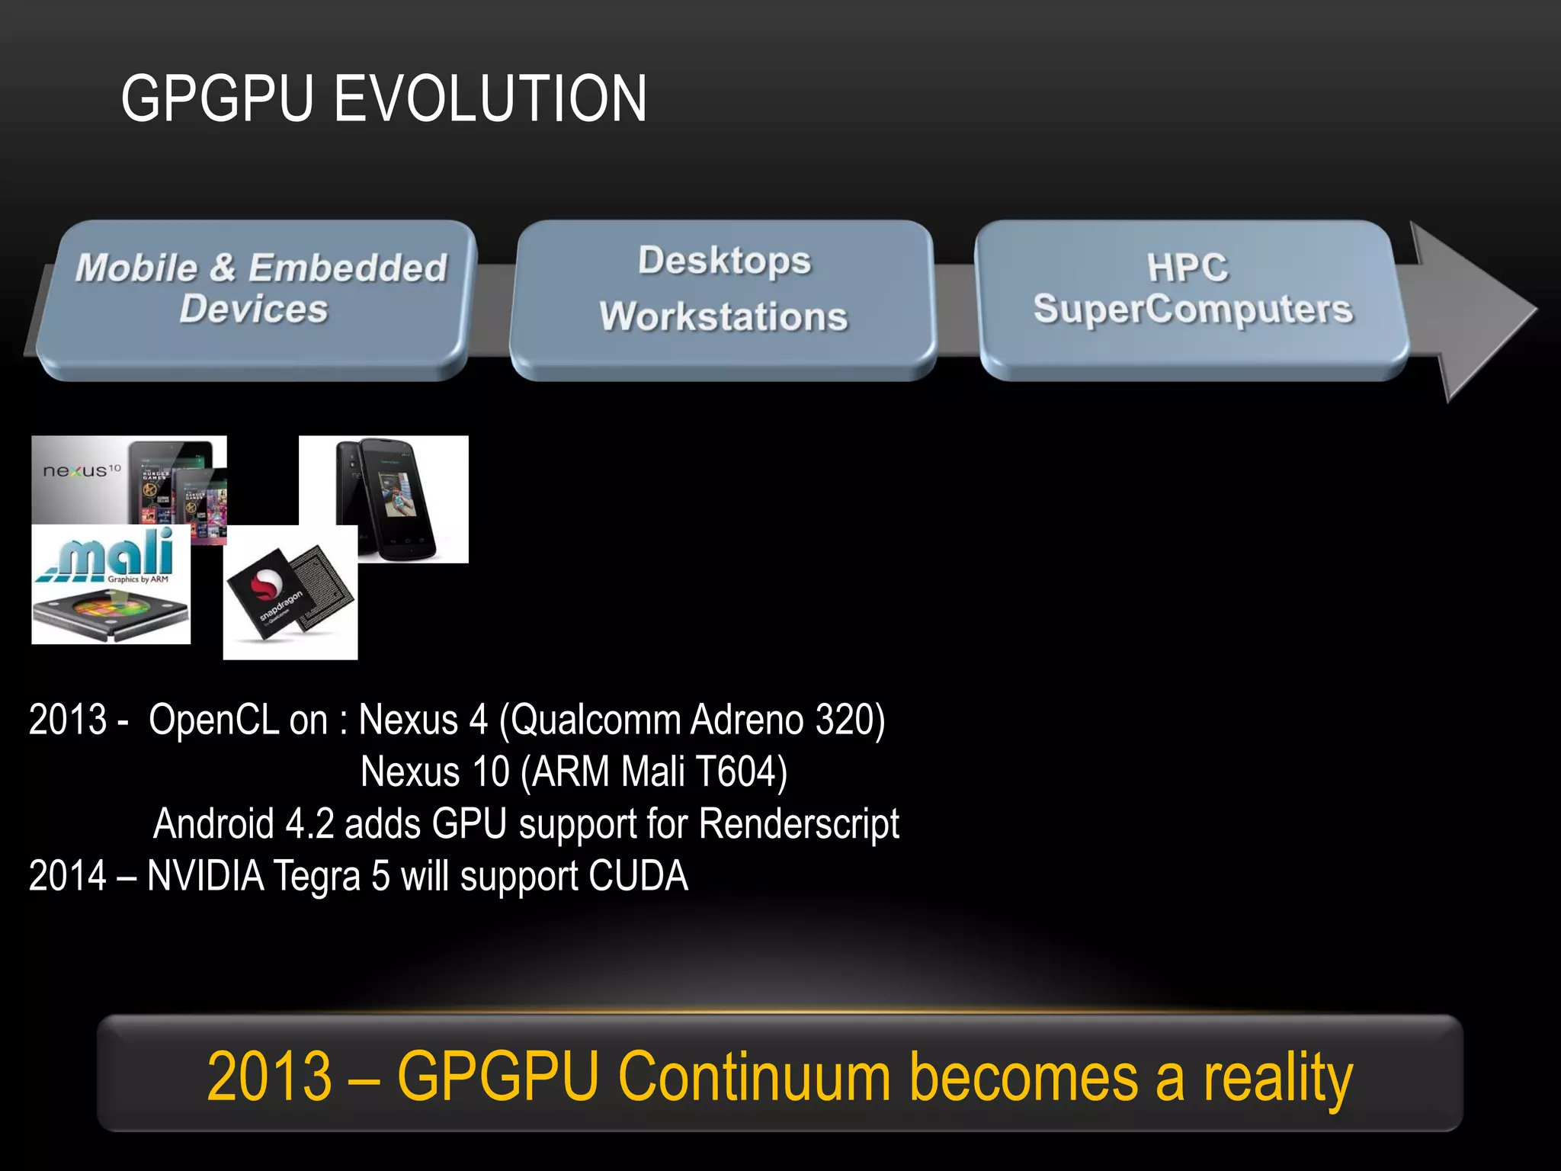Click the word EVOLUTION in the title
[490, 99]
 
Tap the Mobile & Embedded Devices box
[259, 299]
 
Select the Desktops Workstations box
[723, 299]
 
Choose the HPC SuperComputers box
[1191, 299]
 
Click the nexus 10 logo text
[81, 470]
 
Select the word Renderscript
[799, 824]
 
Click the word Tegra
[316, 876]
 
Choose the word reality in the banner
[1277, 1076]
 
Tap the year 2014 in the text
[67, 876]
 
